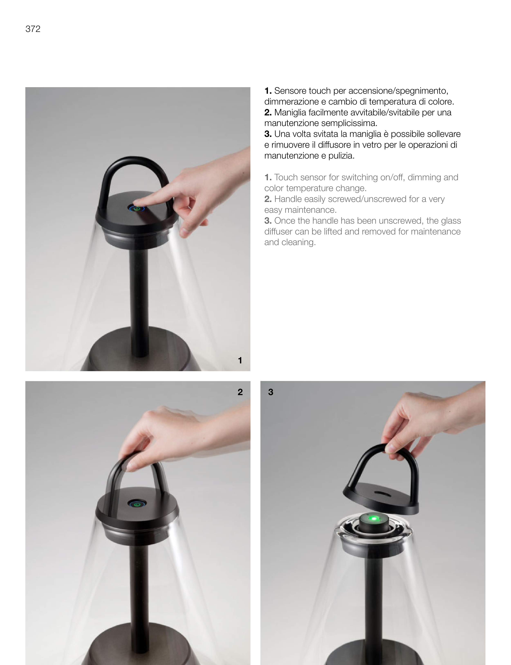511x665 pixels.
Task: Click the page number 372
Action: point(33,29)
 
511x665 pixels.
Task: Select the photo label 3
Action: point(271,392)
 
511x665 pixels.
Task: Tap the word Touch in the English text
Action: point(285,177)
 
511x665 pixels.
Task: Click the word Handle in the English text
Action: point(288,199)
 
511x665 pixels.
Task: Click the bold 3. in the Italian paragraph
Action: point(268,134)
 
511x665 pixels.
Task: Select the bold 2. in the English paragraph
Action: point(268,199)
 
